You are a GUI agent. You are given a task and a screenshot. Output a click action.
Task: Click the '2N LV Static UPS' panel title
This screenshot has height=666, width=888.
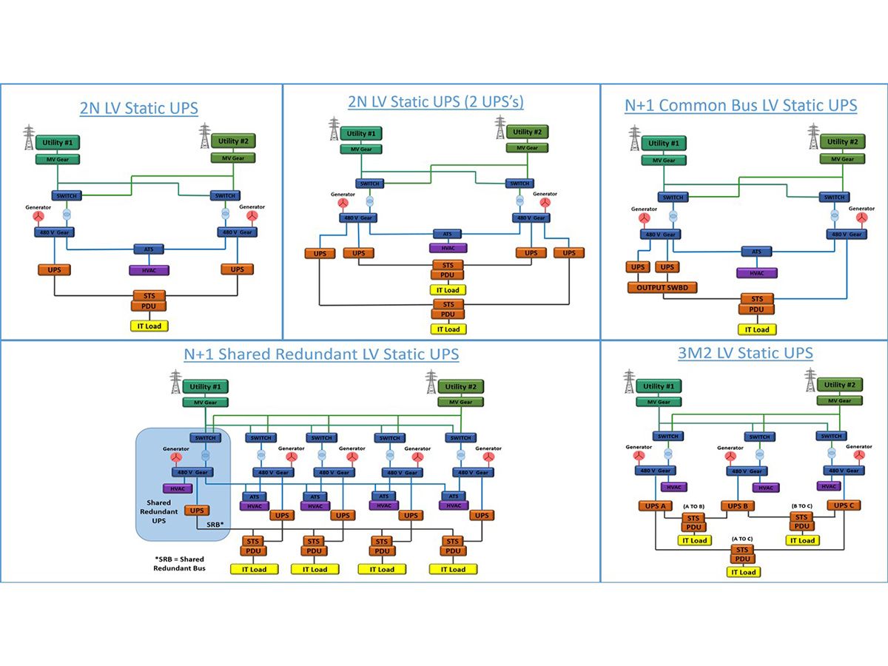(139, 108)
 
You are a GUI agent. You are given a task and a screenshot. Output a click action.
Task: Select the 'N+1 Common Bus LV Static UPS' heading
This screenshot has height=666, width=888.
(741, 105)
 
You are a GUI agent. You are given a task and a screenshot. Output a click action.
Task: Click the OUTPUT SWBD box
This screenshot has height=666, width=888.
(662, 287)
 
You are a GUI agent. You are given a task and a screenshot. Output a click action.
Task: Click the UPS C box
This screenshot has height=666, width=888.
(844, 505)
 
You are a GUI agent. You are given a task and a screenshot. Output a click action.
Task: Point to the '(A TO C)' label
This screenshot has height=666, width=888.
(742, 539)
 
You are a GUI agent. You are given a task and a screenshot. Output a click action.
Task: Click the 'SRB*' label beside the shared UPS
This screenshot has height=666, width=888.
(215, 523)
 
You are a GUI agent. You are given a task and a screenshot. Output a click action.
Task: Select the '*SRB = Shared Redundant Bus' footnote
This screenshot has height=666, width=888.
(179, 563)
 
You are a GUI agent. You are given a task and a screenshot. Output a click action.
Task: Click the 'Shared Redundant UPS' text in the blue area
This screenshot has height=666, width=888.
(159, 511)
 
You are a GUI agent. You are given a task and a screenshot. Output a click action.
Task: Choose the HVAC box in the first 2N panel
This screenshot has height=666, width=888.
(146, 270)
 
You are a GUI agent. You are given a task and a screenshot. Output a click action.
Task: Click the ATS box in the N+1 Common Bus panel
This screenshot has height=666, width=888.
(756, 252)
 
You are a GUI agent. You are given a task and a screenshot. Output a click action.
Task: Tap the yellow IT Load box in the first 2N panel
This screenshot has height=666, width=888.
(149, 326)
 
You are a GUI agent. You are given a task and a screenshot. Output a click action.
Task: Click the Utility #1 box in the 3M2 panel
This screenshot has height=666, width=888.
(657, 386)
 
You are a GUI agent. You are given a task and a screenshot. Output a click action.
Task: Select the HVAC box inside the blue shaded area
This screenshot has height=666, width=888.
(178, 488)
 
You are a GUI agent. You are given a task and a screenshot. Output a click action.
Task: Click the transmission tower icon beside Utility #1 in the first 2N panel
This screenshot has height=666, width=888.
(29, 137)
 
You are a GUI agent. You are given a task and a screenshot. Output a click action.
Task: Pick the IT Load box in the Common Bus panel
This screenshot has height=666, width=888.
(756, 329)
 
